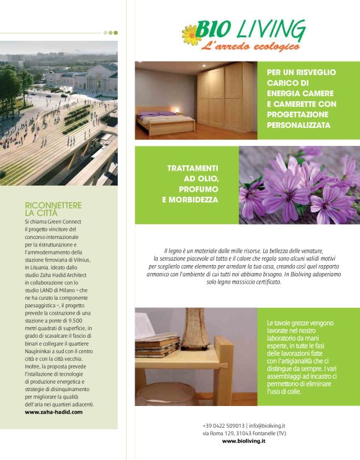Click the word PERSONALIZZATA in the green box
(x=298, y=125)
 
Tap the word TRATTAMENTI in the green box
(x=192, y=168)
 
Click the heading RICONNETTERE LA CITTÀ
(x=53, y=209)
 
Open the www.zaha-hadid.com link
(x=53, y=412)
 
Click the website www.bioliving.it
(x=243, y=441)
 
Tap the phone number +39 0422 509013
(x=223, y=425)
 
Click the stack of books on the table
(x=157, y=345)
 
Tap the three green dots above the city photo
(x=110, y=32)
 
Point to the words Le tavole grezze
(x=286, y=323)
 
